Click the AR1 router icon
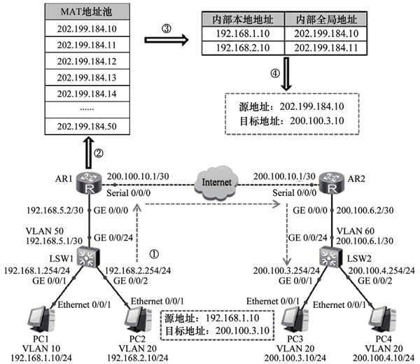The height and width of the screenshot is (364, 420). pyautogui.click(x=89, y=183)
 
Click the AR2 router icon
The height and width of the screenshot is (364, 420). pyautogui.click(x=332, y=183)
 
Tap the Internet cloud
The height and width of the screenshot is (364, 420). pyautogui.click(x=216, y=183)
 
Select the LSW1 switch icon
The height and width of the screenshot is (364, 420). pyautogui.click(x=88, y=257)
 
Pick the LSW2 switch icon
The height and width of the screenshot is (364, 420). pyautogui.click(x=331, y=257)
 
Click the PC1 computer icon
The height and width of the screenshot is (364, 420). pyautogui.click(x=41, y=320)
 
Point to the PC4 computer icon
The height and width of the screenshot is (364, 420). pyautogui.click(x=382, y=320)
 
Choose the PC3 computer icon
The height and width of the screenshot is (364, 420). pyautogui.click(x=295, y=320)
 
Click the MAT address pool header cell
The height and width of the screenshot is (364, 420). pyautogui.click(x=87, y=12)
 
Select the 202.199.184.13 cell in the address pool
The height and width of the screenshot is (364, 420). pyautogui.click(x=87, y=78)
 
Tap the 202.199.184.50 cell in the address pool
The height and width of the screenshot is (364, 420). pyautogui.click(x=87, y=127)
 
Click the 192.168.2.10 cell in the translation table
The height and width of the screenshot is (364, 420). pyautogui.click(x=243, y=48)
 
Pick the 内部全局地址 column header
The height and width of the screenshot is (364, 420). pyautogui.click(x=326, y=20)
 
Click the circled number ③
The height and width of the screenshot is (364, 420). pyautogui.click(x=167, y=29)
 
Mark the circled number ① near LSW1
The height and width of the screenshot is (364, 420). pyautogui.click(x=154, y=254)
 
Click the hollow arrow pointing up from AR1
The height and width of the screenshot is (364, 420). pyautogui.click(x=90, y=153)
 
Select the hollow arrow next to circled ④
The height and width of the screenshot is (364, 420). pyautogui.click(x=286, y=74)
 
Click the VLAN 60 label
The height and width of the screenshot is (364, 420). pyautogui.click(x=355, y=231)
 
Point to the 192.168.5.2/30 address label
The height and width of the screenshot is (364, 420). pyautogui.click(x=55, y=211)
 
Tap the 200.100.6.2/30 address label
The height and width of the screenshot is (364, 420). pyautogui.click(x=365, y=211)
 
